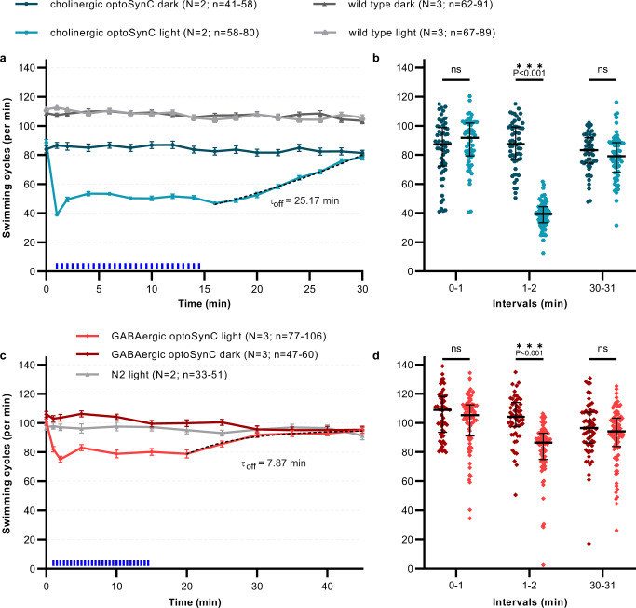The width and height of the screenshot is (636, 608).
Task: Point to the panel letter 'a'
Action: [x=6, y=61]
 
